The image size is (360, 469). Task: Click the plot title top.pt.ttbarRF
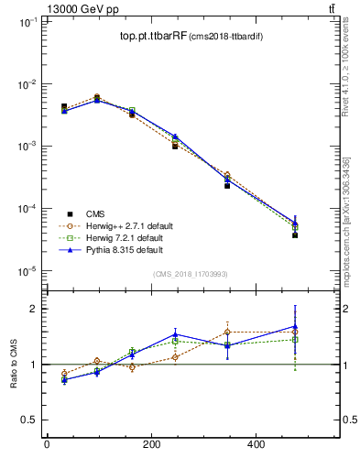point(152,37)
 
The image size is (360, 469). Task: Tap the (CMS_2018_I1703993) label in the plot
point(190,274)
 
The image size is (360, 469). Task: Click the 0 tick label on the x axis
point(47,445)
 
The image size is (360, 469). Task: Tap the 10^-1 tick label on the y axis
point(25,22)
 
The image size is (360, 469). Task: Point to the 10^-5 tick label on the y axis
point(25,271)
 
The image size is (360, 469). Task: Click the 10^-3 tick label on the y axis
point(25,147)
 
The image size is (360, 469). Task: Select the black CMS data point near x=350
point(227,185)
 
